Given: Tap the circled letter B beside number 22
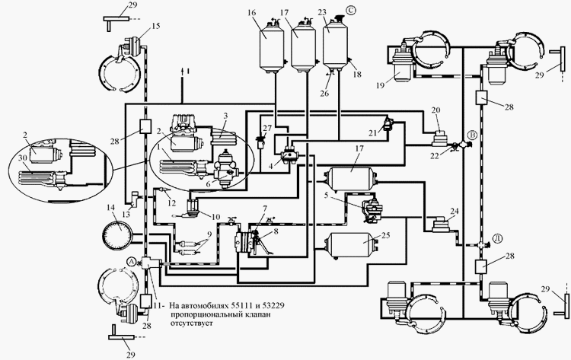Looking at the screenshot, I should tap(473, 134).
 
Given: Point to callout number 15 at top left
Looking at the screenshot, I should tap(156, 26).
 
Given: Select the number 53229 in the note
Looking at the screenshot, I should tap(283, 302).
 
